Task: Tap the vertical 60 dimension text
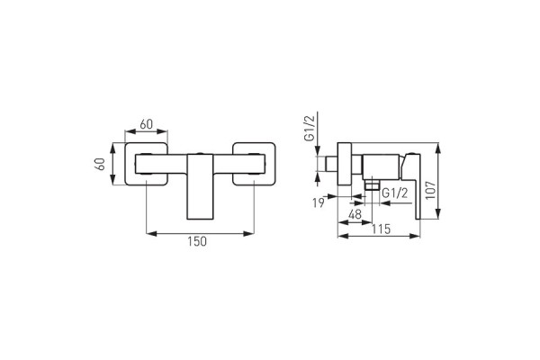[x=101, y=164]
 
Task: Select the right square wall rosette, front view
[x=256, y=164]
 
